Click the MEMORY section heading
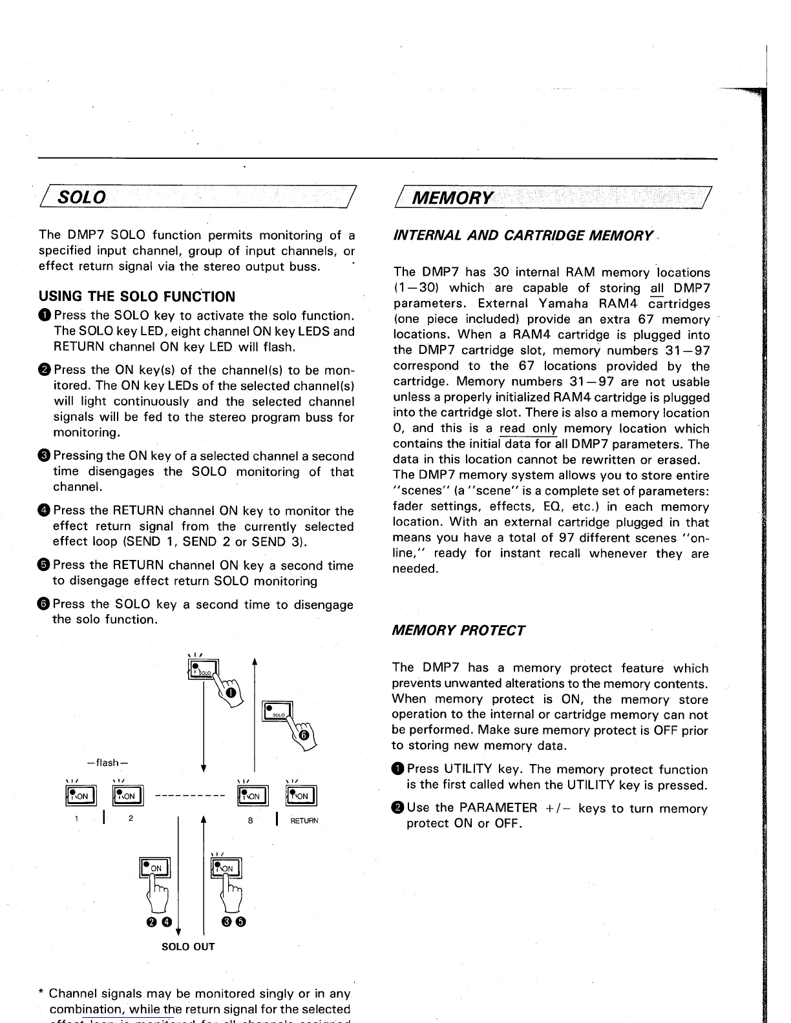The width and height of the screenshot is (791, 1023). (452, 196)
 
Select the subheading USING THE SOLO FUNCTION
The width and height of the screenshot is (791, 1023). (137, 297)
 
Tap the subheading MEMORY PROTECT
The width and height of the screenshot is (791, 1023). (458, 630)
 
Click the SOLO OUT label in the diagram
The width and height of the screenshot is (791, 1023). (187, 947)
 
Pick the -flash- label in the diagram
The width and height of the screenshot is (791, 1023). (112, 762)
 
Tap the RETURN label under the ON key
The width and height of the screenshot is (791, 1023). (304, 821)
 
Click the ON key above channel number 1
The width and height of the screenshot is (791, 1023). (81, 796)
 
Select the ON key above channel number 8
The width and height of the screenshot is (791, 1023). (252, 796)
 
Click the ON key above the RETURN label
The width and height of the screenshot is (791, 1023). (300, 796)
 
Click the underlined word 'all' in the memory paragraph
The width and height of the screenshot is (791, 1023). (657, 289)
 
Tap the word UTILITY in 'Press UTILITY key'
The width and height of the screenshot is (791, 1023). (467, 769)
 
